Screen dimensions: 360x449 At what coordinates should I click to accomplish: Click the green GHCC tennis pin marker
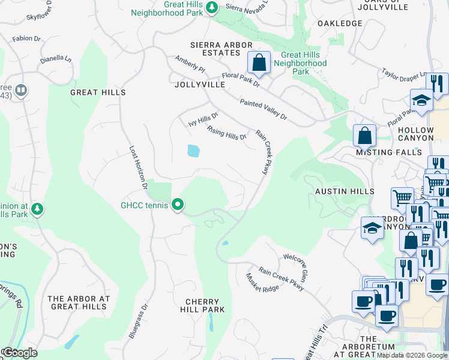(178, 205)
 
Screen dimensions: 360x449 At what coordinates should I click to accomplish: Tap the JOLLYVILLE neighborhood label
(199, 85)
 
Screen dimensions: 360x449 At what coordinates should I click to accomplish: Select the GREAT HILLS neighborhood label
(98, 92)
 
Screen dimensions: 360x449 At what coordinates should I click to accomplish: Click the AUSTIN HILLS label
(345, 191)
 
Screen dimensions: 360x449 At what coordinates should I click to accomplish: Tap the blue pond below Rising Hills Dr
(193, 151)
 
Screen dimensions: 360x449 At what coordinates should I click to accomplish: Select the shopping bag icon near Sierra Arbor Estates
(259, 62)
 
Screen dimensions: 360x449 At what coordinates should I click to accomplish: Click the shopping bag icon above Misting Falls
(364, 136)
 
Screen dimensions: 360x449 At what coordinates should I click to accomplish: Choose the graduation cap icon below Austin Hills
(372, 228)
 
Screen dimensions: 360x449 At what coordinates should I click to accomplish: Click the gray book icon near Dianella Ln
(21, 91)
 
